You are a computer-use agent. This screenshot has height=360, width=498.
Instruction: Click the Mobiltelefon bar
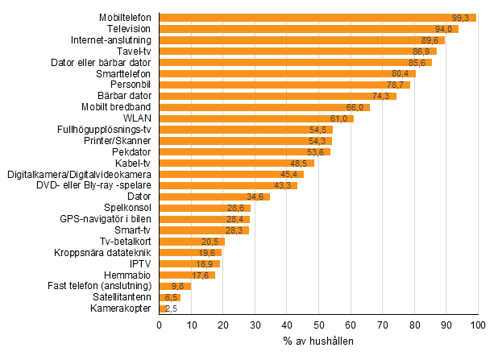coord(317,17)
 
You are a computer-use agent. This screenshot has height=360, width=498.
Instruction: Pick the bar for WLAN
coord(256,118)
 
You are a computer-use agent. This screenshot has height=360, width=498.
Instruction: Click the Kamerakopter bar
coord(163,308)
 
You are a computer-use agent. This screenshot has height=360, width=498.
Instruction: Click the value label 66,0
coord(356,107)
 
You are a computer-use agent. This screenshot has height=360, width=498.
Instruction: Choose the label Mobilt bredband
coord(116,107)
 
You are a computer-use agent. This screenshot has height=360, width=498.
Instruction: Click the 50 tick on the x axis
coord(319,325)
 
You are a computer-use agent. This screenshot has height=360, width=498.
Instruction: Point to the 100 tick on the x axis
coord(479,325)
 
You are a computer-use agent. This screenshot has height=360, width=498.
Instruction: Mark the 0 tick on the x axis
coord(160,325)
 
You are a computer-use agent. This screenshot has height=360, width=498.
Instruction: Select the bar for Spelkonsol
coord(205,208)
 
